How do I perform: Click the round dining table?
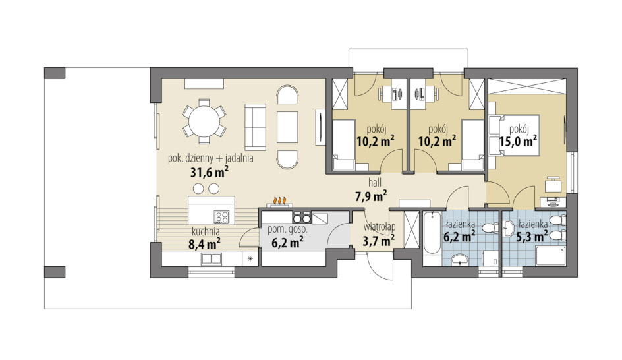point(204,121)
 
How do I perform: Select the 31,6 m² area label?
point(209,173)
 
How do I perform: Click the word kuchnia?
point(206,231)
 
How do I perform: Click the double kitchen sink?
point(212,258)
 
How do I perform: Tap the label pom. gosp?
point(287,229)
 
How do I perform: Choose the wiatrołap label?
point(380,227)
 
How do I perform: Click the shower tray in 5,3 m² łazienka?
point(551,255)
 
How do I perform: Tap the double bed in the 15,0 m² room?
point(515,135)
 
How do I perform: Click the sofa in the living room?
point(255,127)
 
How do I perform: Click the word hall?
point(375,183)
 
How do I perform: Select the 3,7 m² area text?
point(378,241)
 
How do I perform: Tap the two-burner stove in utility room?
point(302,218)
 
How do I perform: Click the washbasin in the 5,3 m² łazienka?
point(509,229)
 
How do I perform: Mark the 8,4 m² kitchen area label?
point(205,244)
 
